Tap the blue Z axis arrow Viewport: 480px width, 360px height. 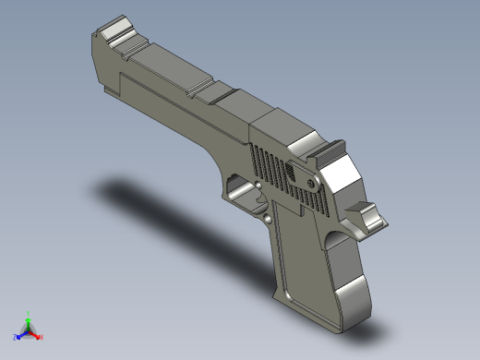pyautogui.click(x=18, y=336)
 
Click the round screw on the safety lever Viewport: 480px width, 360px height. pyautogui.click(x=294, y=172)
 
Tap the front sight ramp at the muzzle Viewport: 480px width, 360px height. pyautogui.click(x=118, y=30)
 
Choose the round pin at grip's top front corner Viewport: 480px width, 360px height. pyautogui.click(x=269, y=220)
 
